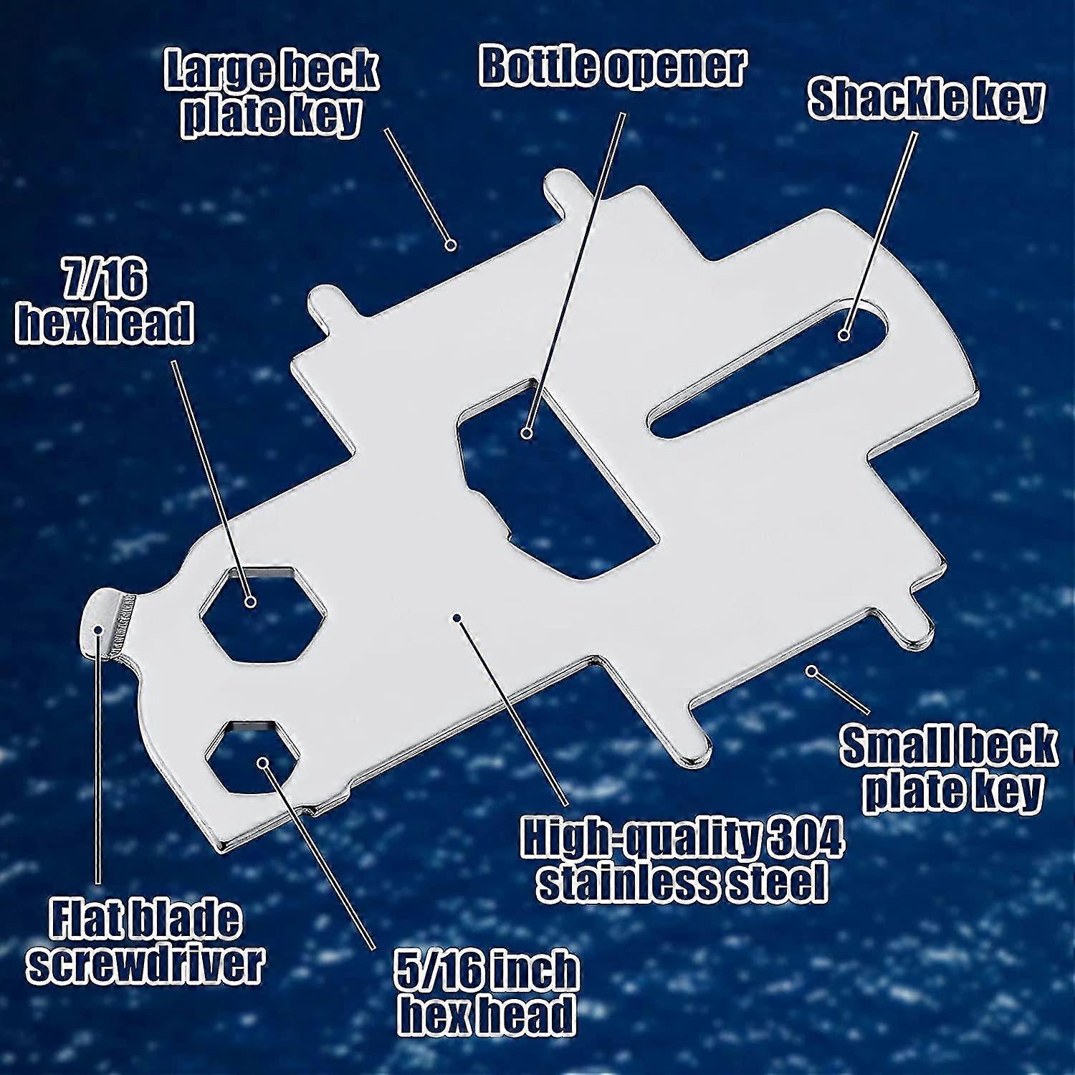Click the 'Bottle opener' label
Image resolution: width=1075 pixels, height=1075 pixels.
click(x=613, y=67)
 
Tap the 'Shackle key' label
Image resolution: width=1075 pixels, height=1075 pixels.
click(x=925, y=99)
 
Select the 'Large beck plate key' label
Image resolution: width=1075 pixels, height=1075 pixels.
click(x=271, y=93)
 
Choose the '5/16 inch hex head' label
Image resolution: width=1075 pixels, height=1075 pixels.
click(x=487, y=993)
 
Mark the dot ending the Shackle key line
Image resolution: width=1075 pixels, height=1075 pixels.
click(x=844, y=335)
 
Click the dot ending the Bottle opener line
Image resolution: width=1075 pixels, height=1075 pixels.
click(x=527, y=433)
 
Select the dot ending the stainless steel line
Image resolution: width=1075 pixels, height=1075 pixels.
click(x=457, y=617)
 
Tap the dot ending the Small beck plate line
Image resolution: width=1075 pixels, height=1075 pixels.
click(x=812, y=672)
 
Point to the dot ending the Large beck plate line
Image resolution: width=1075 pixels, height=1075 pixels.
click(x=451, y=244)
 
